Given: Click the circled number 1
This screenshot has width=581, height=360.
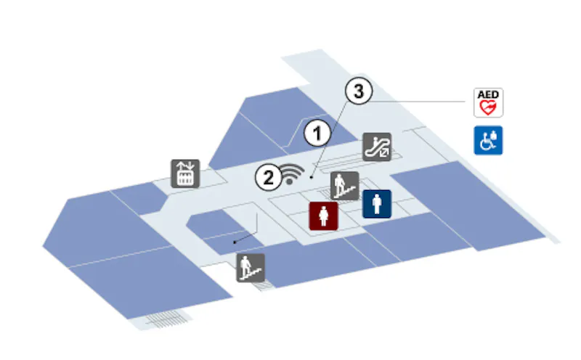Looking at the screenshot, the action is [317, 134].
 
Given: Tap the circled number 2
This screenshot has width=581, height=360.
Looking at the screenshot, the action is [268, 177].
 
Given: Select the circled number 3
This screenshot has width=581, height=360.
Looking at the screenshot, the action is [359, 91].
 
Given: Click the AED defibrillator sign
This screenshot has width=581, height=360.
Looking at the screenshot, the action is [488, 102].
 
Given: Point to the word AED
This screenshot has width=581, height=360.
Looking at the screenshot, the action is [488, 94].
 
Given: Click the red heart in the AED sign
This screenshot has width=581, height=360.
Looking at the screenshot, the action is [488, 107].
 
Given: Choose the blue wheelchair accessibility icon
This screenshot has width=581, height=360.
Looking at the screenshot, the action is [488, 140].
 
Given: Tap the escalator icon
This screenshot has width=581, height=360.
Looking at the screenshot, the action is [377, 147].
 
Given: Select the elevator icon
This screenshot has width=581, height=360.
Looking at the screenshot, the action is [185, 173].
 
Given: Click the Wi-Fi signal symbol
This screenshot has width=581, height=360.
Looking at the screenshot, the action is [292, 174].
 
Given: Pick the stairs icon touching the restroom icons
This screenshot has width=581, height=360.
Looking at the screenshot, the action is [344, 186].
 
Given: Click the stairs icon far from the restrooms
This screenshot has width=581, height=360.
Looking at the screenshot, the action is [251, 268].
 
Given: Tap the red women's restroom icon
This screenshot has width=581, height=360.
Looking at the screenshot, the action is [324, 216].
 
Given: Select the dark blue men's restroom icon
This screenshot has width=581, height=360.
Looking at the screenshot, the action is [377, 204].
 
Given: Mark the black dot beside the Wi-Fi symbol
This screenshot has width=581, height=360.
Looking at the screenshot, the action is [312, 178].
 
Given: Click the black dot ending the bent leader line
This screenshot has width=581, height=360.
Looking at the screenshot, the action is [234, 242].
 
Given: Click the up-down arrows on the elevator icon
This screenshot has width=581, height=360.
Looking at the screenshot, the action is [185, 166].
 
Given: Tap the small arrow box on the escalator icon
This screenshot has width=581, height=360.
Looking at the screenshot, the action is [384, 152].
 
